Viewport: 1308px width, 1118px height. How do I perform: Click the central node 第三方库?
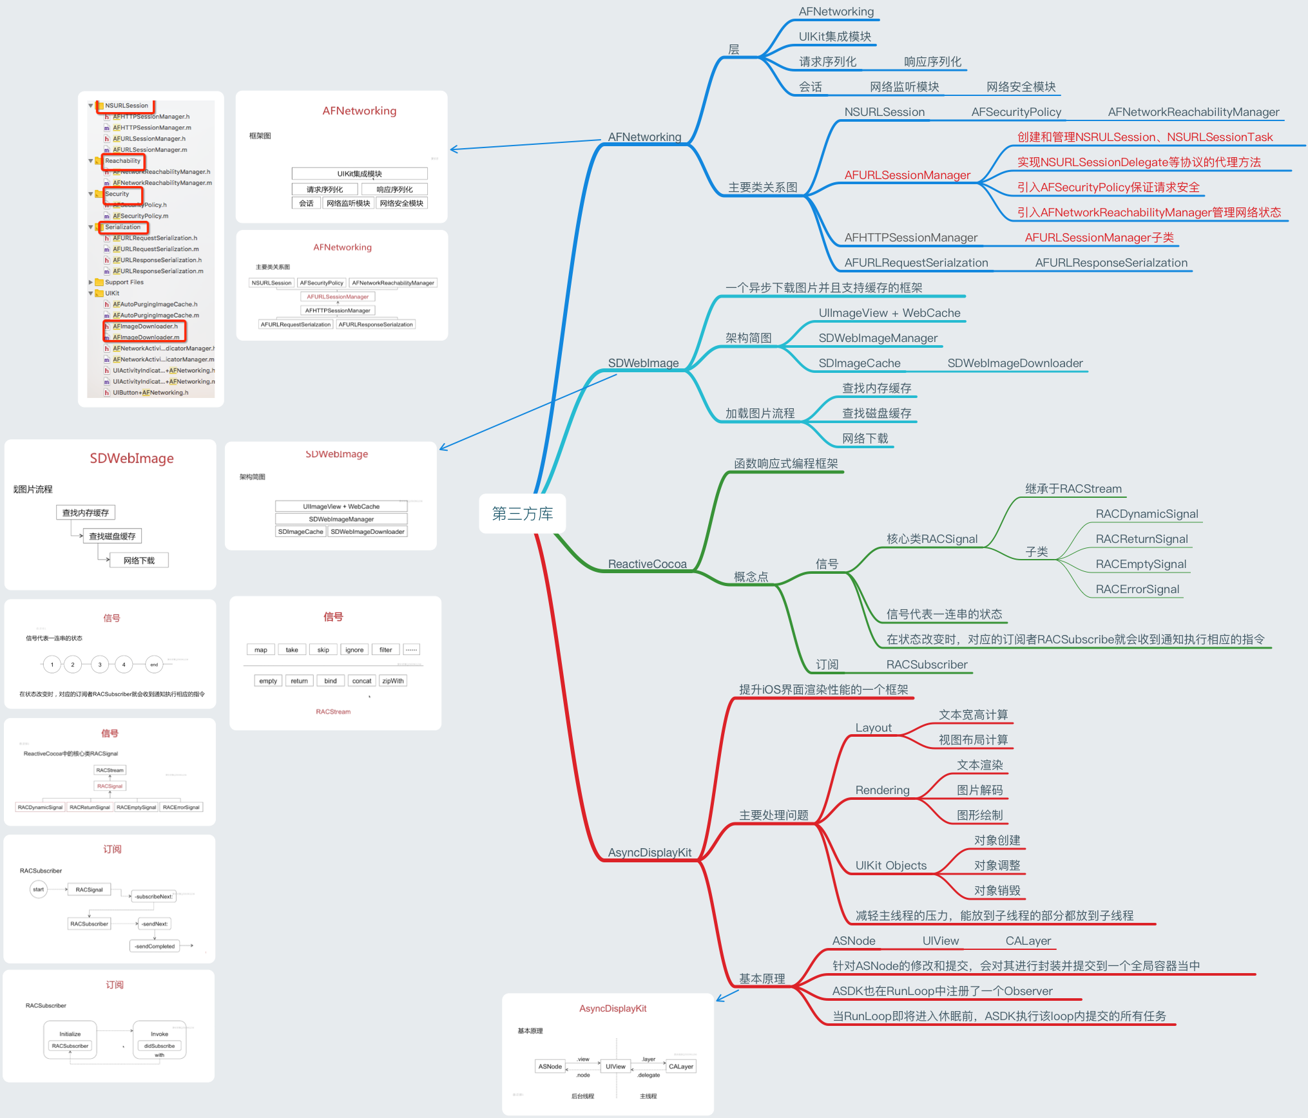[x=522, y=513]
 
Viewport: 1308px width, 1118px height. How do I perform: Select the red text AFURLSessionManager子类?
[x=1099, y=238]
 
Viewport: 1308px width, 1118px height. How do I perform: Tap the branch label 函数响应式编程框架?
[x=785, y=464]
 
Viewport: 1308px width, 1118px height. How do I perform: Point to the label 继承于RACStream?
[x=1073, y=489]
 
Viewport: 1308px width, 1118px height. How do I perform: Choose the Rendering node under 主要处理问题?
[x=882, y=790]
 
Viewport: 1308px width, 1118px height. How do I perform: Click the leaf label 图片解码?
[x=979, y=790]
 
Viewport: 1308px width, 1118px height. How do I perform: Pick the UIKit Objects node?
[x=890, y=866]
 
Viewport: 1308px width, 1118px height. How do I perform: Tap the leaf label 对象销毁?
[x=997, y=891]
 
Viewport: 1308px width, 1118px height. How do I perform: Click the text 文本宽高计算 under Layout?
[x=973, y=715]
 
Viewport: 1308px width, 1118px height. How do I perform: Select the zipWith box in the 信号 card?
[x=392, y=681]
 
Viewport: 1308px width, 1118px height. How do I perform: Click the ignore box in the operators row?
[x=354, y=650]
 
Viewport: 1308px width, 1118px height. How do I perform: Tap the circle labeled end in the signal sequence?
[x=154, y=665]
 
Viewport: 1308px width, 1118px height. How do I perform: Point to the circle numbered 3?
[x=100, y=665]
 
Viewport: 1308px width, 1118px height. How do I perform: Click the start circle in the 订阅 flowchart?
[x=39, y=889]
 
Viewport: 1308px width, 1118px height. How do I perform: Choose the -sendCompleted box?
[x=155, y=946]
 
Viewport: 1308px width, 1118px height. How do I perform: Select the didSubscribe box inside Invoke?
[x=159, y=1046]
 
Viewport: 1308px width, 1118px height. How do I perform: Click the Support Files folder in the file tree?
[x=124, y=282]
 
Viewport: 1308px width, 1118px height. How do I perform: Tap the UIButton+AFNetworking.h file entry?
[x=150, y=393]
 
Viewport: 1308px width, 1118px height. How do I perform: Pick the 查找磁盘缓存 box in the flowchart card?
[x=112, y=536]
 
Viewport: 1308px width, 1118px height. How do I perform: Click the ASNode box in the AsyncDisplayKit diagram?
[x=550, y=1066]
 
